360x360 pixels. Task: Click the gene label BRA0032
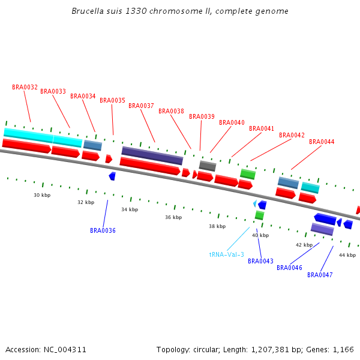pyautogui.click(x=25, y=87)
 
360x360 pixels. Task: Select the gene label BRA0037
pyautogui.click(x=141, y=106)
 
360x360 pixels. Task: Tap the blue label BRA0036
pyautogui.click(x=103, y=230)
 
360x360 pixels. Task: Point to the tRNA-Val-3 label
pyautogui.click(x=226, y=254)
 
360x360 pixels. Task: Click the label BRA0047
pyautogui.click(x=320, y=275)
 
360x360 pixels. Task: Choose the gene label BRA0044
pyautogui.click(x=322, y=142)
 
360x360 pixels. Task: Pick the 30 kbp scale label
pyautogui.click(x=41, y=195)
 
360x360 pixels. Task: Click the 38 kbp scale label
pyautogui.click(x=217, y=226)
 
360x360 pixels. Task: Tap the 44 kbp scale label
pyautogui.click(x=347, y=255)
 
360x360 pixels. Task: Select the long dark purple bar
pyautogui.click(x=152, y=155)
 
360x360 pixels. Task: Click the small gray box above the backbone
pyautogui.click(x=208, y=166)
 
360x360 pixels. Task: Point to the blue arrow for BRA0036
pyautogui.click(x=112, y=176)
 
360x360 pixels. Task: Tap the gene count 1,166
pyautogui.click(x=343, y=349)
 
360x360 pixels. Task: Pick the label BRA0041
pyautogui.click(x=262, y=128)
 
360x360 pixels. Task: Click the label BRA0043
pyautogui.click(x=260, y=261)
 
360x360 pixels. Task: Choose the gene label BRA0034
pyautogui.click(x=83, y=96)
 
